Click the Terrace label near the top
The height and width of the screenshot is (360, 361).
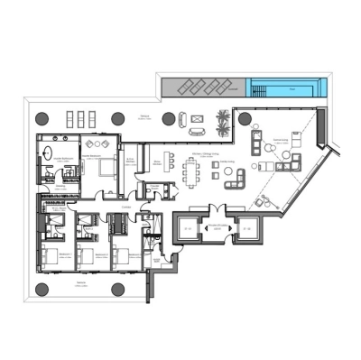[144, 116]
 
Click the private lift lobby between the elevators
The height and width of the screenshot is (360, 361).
[218, 227]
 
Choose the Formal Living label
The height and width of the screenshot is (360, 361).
[280, 140]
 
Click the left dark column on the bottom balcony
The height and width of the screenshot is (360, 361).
[42, 289]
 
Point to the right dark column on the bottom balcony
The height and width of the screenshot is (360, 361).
[117, 289]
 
